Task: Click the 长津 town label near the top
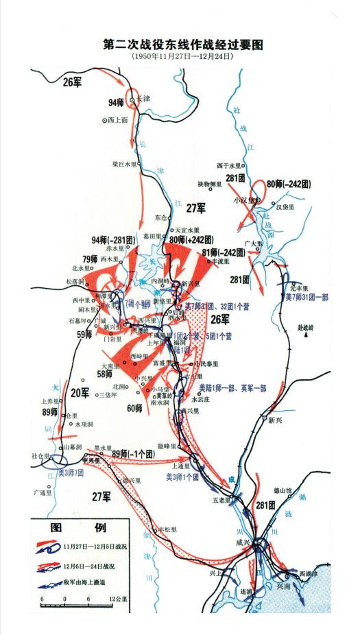(143, 98)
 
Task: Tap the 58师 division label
(104, 374)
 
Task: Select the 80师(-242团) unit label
(289, 184)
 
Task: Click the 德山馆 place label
(283, 490)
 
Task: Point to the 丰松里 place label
(167, 529)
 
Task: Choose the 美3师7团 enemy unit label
(71, 472)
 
